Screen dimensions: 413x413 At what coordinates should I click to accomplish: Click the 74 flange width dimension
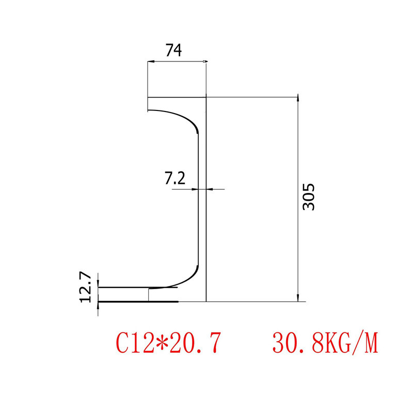tap(173, 50)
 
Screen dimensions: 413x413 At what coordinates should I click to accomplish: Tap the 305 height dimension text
tap(309, 197)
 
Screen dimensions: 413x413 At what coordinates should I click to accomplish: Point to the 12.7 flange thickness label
tap(86, 288)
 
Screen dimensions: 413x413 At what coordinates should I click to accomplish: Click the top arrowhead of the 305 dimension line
tap(297, 100)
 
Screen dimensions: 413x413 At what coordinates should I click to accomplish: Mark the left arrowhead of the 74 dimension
tap(150, 62)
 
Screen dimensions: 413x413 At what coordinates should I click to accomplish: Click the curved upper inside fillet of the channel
tap(188, 121)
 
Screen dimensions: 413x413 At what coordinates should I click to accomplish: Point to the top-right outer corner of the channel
tap(206, 97)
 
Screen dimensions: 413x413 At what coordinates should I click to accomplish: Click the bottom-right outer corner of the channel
tap(206, 301)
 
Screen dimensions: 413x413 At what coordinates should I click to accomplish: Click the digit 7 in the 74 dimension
tap(169, 50)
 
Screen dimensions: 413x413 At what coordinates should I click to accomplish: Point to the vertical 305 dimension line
tap(297, 155)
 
